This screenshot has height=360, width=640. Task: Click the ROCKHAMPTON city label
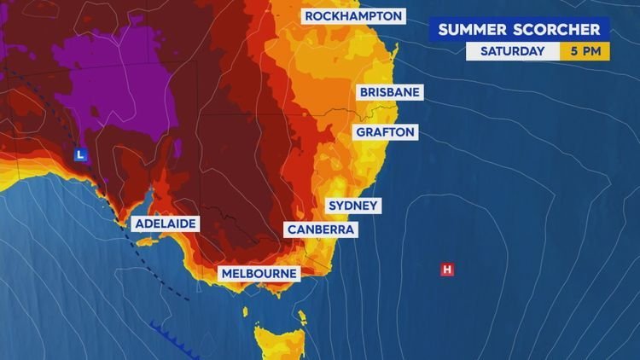tap(353, 16)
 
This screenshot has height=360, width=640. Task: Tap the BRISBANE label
tap(391, 92)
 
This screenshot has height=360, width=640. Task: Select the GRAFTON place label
tap(387, 132)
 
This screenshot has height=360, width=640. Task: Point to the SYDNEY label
tap(354, 206)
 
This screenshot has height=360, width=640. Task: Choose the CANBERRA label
tap(321, 230)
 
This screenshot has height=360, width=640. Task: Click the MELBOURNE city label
tap(259, 274)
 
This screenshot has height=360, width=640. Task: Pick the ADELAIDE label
tap(166, 224)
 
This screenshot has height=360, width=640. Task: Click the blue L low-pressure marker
tap(79, 155)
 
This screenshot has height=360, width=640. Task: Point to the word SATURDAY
tap(512, 51)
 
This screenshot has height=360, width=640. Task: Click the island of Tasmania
tap(277, 337)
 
